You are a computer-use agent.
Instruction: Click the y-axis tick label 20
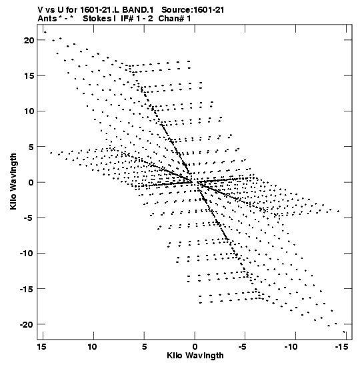coord(29,40)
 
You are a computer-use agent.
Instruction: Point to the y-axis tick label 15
coord(29,75)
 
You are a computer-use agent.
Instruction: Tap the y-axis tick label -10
coord(27,254)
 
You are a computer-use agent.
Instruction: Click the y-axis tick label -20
coord(27,324)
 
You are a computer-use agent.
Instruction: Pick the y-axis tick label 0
coord(31,182)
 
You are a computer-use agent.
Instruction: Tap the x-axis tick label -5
coord(244,347)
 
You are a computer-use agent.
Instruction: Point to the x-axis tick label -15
coord(342,347)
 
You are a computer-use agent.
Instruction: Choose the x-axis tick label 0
coord(195,347)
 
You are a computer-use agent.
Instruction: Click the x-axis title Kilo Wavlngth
coord(195,356)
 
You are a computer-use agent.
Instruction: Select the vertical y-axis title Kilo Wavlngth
coord(13,181)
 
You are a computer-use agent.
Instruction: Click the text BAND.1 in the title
coord(138,10)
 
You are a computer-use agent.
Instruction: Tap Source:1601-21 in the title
coord(193,10)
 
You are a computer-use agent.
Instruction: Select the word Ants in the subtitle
coord(47,19)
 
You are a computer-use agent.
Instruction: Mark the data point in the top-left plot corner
coord(45,32)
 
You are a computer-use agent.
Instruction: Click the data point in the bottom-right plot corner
coord(344,332)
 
